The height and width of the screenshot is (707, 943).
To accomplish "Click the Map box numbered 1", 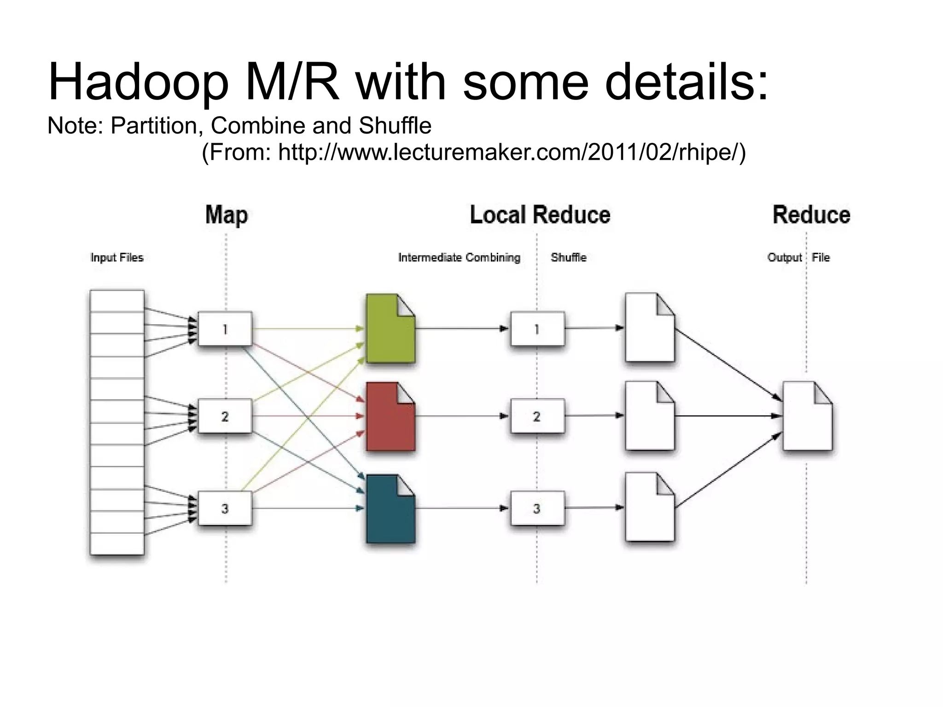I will point(225,329).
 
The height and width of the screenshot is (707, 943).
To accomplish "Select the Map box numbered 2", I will point(225,416).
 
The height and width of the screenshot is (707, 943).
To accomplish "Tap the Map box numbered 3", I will point(225,508).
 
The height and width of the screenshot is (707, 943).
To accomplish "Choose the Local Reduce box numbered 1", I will point(537,329).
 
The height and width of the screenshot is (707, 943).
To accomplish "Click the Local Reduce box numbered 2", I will point(537,416).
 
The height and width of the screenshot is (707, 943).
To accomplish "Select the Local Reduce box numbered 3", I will point(537,508).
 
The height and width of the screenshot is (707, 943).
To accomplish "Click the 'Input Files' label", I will point(117,257).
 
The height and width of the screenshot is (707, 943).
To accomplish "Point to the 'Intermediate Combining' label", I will point(459,257).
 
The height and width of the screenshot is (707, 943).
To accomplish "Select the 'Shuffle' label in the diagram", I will point(568,257).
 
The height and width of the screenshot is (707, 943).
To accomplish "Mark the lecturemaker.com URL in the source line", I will point(511,152).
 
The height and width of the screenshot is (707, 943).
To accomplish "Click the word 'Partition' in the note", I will point(154,126).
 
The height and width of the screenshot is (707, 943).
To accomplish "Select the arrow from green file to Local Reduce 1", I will point(460,329).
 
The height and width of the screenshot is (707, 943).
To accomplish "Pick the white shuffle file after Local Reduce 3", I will point(649,508).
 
